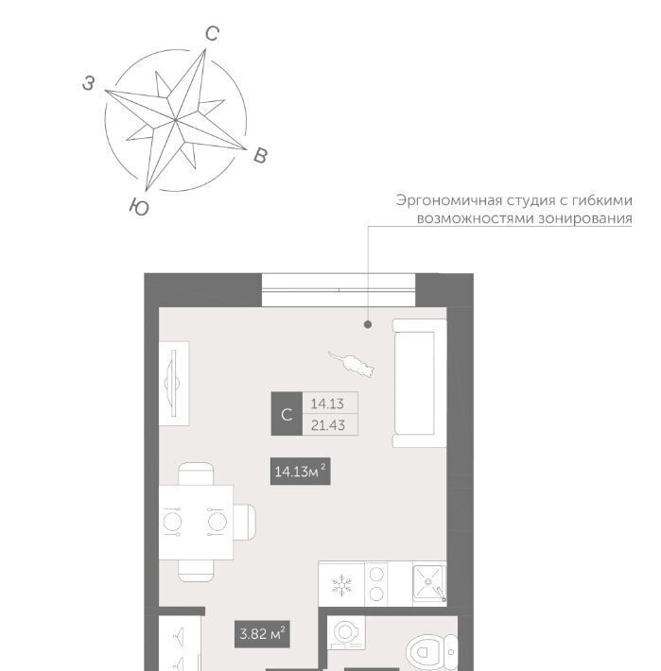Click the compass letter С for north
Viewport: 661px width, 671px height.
click(x=213, y=34)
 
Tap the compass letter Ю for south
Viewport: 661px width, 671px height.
click(x=139, y=207)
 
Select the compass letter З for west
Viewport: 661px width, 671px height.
click(x=88, y=83)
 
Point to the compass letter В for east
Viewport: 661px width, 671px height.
click(x=260, y=156)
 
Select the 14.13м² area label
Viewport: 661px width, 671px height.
click(x=300, y=472)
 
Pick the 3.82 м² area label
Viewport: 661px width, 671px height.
click(x=263, y=634)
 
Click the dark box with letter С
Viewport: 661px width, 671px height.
click(x=287, y=414)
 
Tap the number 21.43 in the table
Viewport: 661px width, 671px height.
click(x=328, y=425)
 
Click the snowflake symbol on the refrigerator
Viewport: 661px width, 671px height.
click(x=341, y=585)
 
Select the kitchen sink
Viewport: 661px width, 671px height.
click(x=429, y=582)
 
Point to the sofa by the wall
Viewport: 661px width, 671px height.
click(x=420, y=383)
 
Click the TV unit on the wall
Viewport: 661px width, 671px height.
click(x=174, y=384)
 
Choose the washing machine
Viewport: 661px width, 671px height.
click(x=346, y=633)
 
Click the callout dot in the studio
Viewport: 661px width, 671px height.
click(x=368, y=325)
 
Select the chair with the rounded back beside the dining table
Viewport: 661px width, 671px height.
click(x=245, y=522)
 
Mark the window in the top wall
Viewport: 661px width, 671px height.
click(x=339, y=290)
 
